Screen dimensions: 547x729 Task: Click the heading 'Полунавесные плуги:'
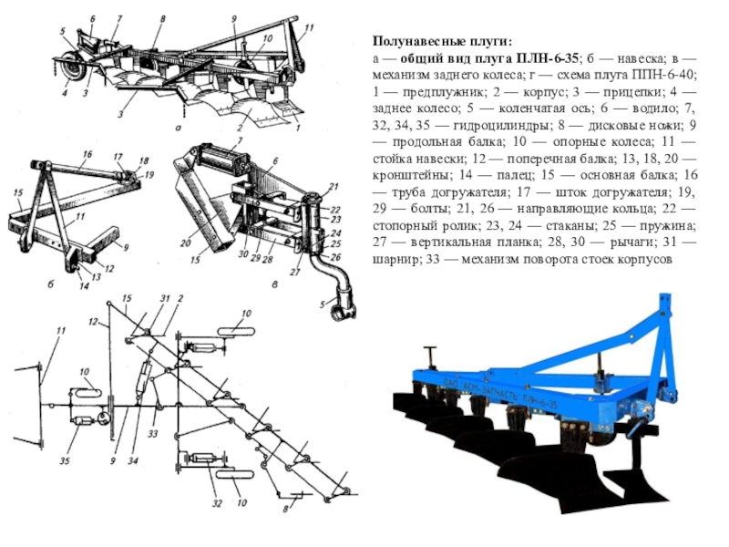coord(441,42)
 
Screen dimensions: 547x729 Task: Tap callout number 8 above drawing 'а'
coord(161,18)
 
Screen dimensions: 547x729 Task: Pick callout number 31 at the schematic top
coord(165,299)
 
